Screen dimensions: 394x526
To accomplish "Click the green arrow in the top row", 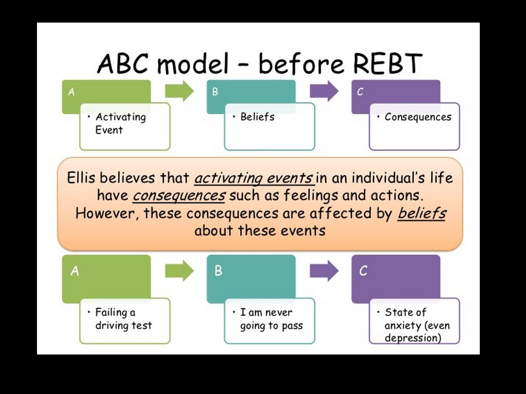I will pyautogui.click(x=179, y=91).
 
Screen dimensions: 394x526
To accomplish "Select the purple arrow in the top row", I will pyautogui.click(x=324, y=91).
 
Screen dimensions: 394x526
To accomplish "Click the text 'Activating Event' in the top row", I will pyautogui.click(x=120, y=123).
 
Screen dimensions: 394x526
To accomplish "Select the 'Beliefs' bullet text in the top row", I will pyautogui.click(x=257, y=117).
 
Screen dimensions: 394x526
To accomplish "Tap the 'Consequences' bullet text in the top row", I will pyautogui.click(x=418, y=117).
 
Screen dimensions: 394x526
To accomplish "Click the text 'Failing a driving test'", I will pyautogui.click(x=123, y=319).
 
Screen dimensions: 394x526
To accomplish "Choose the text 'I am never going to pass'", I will pyautogui.click(x=271, y=319).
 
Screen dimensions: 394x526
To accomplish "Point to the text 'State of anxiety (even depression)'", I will pyautogui.click(x=417, y=325).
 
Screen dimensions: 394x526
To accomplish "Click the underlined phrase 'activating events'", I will pyautogui.click(x=253, y=178).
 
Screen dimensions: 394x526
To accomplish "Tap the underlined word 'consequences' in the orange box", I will pyautogui.click(x=179, y=195).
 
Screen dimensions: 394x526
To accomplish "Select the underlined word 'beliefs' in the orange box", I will pyautogui.click(x=421, y=213).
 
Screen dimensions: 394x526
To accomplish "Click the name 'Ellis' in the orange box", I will pyautogui.click(x=82, y=178).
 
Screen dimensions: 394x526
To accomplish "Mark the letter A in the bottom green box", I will pyautogui.click(x=75, y=271).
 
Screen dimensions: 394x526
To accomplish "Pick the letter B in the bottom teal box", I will pyautogui.click(x=218, y=271).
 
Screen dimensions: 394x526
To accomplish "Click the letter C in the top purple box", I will pyautogui.click(x=360, y=92).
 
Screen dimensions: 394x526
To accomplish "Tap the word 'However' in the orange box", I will pyautogui.click(x=106, y=213).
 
